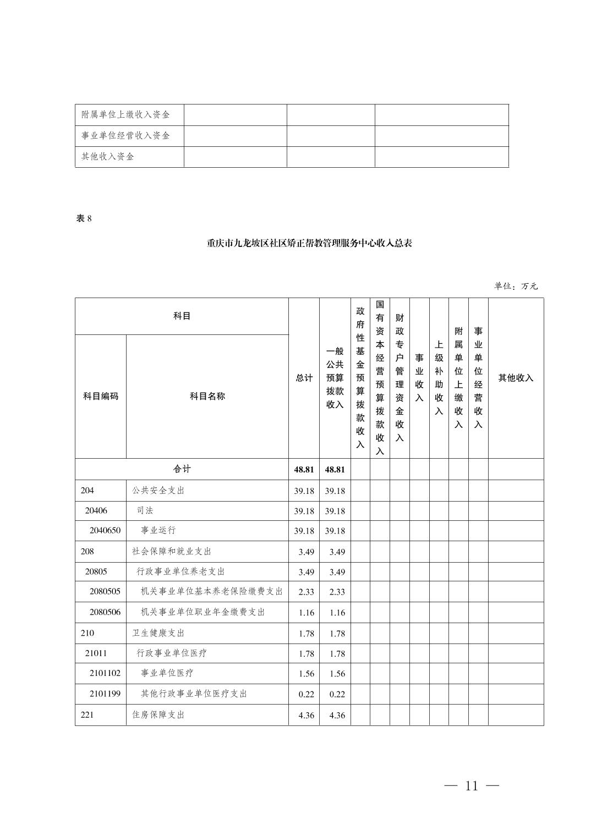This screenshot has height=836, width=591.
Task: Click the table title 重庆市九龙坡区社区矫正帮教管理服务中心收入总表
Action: point(309,243)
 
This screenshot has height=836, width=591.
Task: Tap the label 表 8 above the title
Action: point(84,218)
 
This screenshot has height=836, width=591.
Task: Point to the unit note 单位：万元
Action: point(515,286)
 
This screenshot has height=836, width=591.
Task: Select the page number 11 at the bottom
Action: point(472,786)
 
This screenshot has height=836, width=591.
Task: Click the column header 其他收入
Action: point(516,378)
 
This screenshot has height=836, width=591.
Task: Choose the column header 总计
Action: point(304,378)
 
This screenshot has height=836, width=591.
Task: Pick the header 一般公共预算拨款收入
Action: point(335,378)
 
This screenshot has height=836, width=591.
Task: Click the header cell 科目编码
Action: point(101,396)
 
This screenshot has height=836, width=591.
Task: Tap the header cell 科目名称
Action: point(207,396)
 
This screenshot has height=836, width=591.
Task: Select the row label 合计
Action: point(182,469)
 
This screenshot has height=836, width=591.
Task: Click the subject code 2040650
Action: point(105,530)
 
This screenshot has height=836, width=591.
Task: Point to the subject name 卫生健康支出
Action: point(158,633)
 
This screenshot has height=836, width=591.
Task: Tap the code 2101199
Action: point(105,694)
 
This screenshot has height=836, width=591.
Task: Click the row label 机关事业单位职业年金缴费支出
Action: point(203,612)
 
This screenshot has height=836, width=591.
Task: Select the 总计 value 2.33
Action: point(306,592)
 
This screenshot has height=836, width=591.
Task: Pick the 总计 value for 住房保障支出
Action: point(306,715)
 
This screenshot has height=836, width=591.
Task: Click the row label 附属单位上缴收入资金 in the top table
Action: point(125,114)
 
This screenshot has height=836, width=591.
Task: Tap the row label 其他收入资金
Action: point(108,157)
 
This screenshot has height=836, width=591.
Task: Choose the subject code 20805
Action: point(96,571)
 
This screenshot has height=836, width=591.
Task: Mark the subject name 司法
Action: point(145,510)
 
